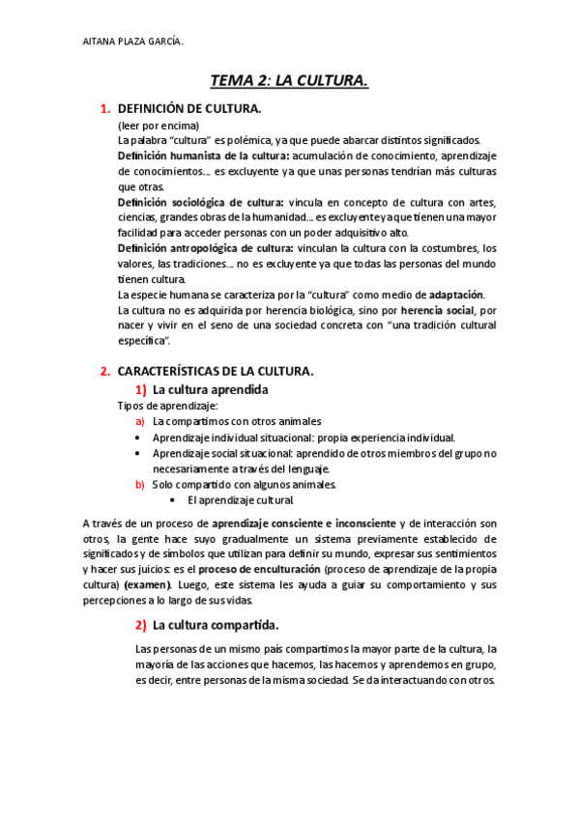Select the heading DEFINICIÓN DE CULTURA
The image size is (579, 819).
click(188, 109)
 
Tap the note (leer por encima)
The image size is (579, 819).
click(159, 127)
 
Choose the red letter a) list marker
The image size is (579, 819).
click(140, 422)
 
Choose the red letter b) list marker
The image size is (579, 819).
click(140, 484)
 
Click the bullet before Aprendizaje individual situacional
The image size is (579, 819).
click(140, 438)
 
